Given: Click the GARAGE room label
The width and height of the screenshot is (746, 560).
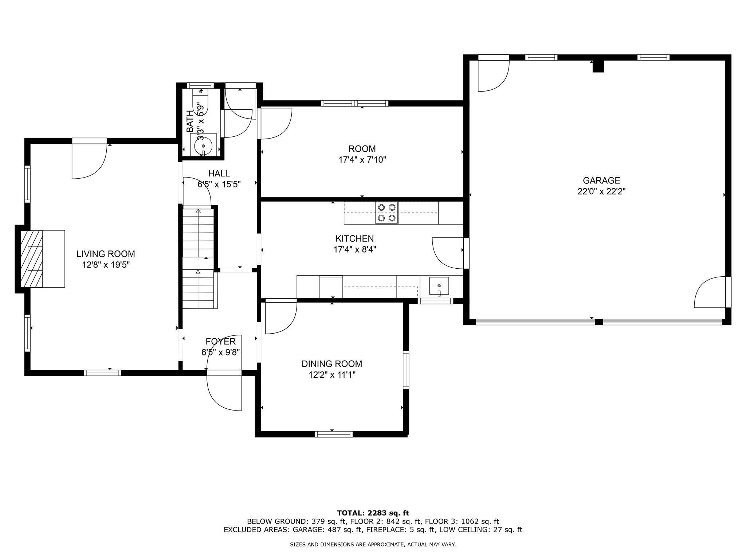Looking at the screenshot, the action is tap(601, 180).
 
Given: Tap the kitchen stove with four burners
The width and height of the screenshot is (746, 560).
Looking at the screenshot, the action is tap(387, 213).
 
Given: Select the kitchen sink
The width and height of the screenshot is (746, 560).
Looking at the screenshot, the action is tap(439, 286).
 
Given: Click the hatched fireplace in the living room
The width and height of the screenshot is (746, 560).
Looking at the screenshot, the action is tap(32, 259).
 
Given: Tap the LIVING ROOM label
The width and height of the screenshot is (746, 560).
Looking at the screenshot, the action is tap(106, 254).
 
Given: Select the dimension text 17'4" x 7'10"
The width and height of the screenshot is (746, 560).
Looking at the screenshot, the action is tap(362, 160).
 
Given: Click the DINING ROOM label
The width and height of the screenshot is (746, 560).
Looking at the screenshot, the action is tap(332, 364).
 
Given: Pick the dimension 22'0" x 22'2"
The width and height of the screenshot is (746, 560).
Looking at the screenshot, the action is tap(601, 191).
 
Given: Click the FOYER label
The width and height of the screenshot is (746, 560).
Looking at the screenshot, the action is tap(220, 342).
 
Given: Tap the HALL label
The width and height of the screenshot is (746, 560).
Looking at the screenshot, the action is tap(219, 174).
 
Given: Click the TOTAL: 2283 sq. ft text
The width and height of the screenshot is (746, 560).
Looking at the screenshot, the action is tap(373, 513).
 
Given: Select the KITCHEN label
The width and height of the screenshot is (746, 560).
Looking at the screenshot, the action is tap(354, 238).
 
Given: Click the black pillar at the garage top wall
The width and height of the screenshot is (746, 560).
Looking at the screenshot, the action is tap(598, 66).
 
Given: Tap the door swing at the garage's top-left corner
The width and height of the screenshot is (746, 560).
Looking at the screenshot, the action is tap(494, 75).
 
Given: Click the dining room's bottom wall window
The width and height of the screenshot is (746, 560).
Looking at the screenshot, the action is tap(334, 434).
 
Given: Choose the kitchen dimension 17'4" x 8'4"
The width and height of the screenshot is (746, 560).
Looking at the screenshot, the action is tap(355, 249).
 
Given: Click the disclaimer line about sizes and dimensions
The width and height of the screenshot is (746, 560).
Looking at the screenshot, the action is tap(373, 545).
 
